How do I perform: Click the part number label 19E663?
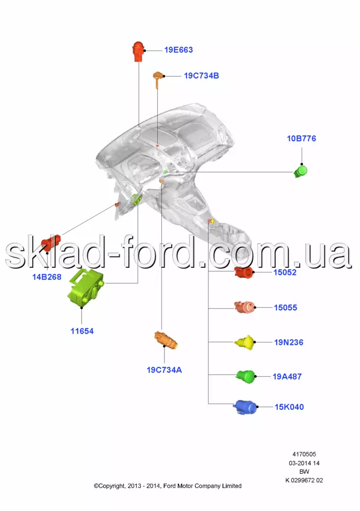coord(178,50)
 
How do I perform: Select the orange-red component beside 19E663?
coord(137,52)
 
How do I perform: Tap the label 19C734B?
coord(201,76)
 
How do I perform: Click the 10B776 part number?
coord(301,138)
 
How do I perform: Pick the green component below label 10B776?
coord(301,171)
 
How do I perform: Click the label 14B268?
coord(47,277)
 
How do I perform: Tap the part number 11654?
coord(82,331)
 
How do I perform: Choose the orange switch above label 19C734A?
coord(166,340)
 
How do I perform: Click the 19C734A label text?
coord(164,369)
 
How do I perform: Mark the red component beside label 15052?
coord(244,272)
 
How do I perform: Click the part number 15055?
coord(285,308)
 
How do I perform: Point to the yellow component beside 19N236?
coord(244,342)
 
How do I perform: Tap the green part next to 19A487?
coord(245,377)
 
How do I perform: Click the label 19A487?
coord(286,377)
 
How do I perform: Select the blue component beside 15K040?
coord(245,407)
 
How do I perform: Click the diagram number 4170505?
coord(304,454)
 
